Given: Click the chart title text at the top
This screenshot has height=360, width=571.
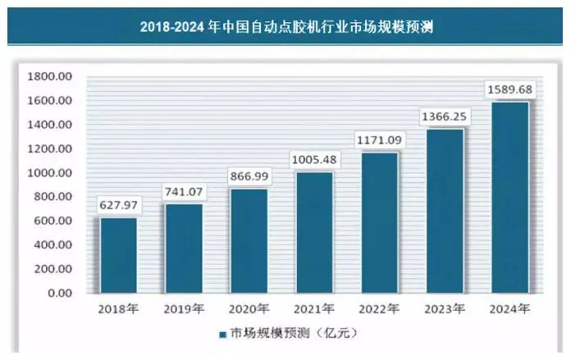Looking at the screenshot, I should tap(285, 26).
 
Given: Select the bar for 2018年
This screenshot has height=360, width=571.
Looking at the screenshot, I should tap(119, 255).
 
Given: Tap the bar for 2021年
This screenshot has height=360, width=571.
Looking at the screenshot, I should tap(314, 232).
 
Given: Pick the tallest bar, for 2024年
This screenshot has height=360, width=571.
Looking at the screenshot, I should tap(509, 197).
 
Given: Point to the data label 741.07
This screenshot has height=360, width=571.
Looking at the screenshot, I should tap(185, 192).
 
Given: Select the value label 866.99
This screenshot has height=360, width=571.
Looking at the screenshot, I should tap(249, 176).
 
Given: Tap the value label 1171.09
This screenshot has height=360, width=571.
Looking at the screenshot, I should tap(379, 140).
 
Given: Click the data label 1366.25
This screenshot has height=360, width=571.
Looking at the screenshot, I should tap(444, 116).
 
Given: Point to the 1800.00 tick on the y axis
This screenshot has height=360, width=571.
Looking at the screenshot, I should tap(51, 76).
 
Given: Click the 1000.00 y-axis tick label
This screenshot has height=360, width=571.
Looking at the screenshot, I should tap(51, 173).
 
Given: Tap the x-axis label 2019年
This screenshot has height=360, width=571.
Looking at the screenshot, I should tap(185, 309).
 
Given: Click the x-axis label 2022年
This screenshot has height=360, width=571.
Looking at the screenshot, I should tap(379, 309).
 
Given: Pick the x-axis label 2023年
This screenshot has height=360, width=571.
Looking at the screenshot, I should tap(444, 309).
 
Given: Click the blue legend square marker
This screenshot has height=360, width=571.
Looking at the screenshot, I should tap(222, 335).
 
